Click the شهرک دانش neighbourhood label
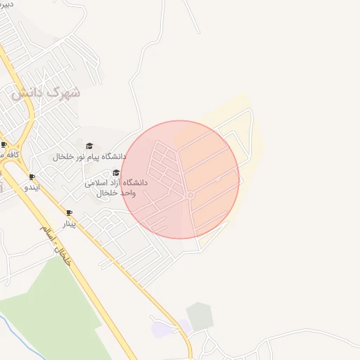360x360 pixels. click(x=46, y=92)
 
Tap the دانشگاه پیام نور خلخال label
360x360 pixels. click(x=89, y=156)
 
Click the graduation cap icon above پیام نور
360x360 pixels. click(x=89, y=146)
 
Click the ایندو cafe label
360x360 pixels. click(x=32, y=188)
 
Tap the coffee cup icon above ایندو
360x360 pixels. click(x=32, y=177)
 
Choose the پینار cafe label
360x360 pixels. click(x=69, y=224)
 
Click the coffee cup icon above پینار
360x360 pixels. click(x=69, y=213)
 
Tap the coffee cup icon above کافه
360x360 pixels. click(x=4, y=144)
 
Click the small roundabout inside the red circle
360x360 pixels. click(x=190, y=195)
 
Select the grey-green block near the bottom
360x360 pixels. click(x=200, y=316)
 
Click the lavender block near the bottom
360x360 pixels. click(x=162, y=328)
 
